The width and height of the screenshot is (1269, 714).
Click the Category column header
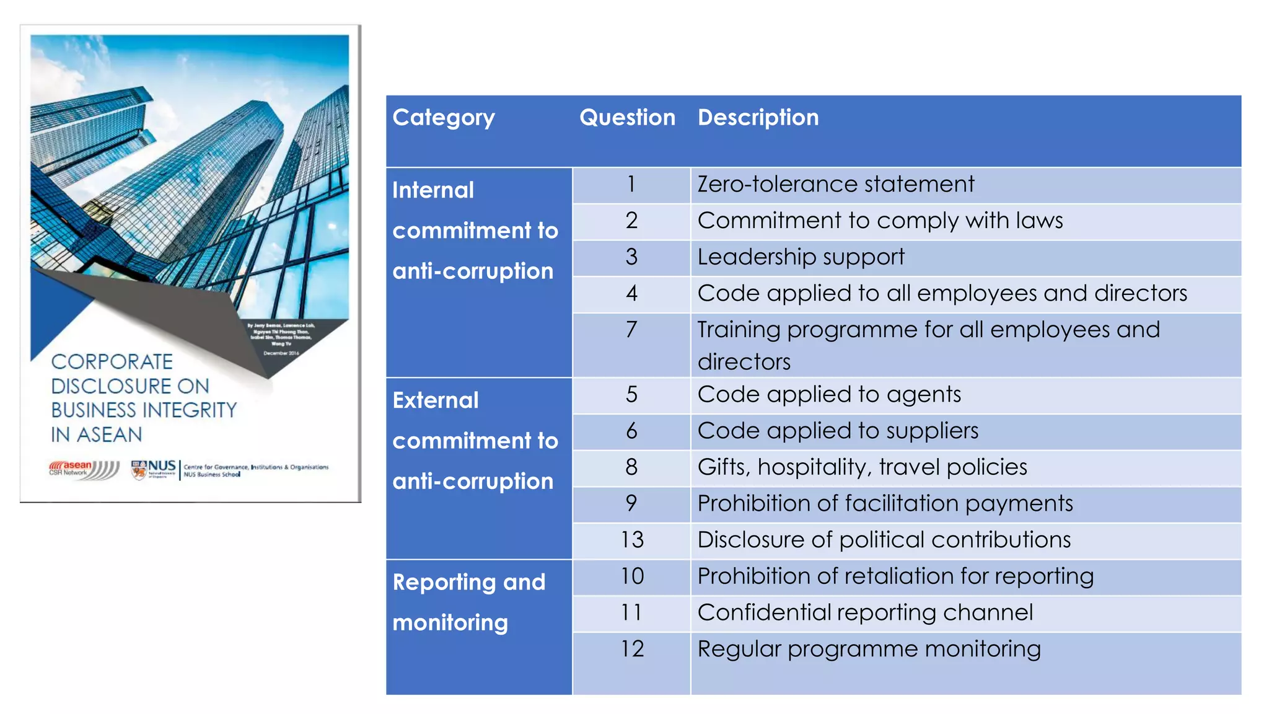click(x=444, y=118)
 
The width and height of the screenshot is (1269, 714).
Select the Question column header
click(x=627, y=118)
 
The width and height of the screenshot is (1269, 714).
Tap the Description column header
click(x=758, y=118)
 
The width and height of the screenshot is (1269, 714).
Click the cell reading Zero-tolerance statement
click(x=835, y=185)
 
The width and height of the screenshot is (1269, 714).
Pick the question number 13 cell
click(x=631, y=540)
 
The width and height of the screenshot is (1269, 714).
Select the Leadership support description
click(x=801, y=257)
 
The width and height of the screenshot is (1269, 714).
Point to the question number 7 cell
click(x=631, y=330)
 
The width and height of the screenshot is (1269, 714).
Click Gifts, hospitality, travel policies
click(x=862, y=467)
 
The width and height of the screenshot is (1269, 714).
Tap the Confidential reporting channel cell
click(x=865, y=613)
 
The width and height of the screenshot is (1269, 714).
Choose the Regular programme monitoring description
click(x=869, y=649)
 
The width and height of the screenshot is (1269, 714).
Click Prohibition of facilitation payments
click(x=885, y=503)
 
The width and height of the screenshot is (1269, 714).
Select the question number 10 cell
click(x=631, y=576)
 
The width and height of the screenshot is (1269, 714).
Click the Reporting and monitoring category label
click(x=468, y=602)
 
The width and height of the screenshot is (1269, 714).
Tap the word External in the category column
click(x=436, y=400)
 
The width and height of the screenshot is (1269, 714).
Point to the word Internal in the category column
click(x=433, y=190)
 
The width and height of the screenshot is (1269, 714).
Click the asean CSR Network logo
click(x=84, y=470)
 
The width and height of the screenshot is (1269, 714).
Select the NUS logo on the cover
click(x=154, y=469)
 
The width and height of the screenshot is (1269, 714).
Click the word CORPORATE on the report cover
click(x=112, y=362)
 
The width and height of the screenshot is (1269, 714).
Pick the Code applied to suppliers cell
click(x=838, y=431)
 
